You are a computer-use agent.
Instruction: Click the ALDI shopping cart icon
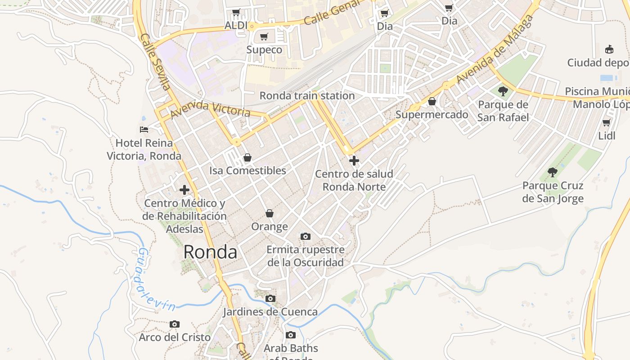(x=236, y=12)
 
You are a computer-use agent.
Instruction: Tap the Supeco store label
(x=264, y=49)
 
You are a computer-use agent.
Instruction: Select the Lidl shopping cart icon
(x=607, y=122)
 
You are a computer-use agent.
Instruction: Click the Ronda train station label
(x=307, y=95)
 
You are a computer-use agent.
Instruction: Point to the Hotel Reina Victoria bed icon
(x=144, y=130)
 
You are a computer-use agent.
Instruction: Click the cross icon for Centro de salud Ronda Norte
(x=354, y=160)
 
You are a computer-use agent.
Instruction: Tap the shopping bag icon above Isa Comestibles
(x=247, y=157)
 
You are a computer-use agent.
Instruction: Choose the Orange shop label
(x=269, y=226)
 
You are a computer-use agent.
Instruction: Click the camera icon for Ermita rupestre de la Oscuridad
(x=305, y=236)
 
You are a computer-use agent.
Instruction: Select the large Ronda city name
(x=210, y=252)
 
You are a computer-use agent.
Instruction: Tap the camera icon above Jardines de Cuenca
(x=270, y=298)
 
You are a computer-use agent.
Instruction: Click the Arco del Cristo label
(x=175, y=337)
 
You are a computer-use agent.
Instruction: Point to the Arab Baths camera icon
(x=291, y=335)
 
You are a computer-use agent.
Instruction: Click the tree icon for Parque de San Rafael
(x=503, y=91)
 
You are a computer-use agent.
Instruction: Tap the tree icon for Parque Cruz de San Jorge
(x=553, y=172)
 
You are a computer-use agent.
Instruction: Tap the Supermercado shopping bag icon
(x=432, y=101)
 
